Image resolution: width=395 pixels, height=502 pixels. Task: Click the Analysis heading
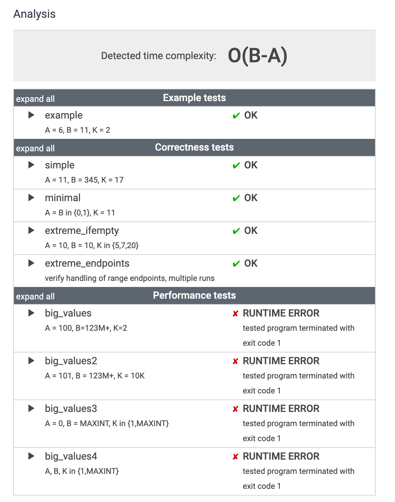click(34, 14)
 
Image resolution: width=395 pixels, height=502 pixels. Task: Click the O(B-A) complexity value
click(257, 56)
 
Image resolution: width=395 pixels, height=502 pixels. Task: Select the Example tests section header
click(194, 98)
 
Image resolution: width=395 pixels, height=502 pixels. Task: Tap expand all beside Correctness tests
click(35, 148)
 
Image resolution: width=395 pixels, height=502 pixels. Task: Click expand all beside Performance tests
click(35, 297)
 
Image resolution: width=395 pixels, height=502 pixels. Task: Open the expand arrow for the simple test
click(31, 165)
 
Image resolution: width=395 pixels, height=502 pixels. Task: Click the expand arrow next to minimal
click(31, 198)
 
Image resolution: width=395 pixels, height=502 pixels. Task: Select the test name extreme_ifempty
click(82, 231)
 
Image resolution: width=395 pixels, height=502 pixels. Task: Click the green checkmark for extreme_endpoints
click(236, 264)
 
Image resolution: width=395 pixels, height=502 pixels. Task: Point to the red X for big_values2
click(235, 361)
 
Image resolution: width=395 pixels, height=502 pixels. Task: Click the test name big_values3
click(71, 409)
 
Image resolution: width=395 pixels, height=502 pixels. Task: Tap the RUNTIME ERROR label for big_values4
click(281, 456)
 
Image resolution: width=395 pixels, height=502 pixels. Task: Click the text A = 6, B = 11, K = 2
click(77, 130)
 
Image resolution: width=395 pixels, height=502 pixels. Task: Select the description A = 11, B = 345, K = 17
click(84, 180)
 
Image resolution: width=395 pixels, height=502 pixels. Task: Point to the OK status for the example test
click(251, 115)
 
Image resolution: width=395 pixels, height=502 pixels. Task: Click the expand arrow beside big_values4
click(31, 456)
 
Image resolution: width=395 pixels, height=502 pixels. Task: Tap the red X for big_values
click(235, 314)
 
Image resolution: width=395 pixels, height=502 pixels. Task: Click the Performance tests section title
click(194, 296)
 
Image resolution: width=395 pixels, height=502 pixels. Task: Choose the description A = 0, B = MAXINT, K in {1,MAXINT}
click(107, 424)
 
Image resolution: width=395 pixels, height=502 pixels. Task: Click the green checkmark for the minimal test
click(236, 198)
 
